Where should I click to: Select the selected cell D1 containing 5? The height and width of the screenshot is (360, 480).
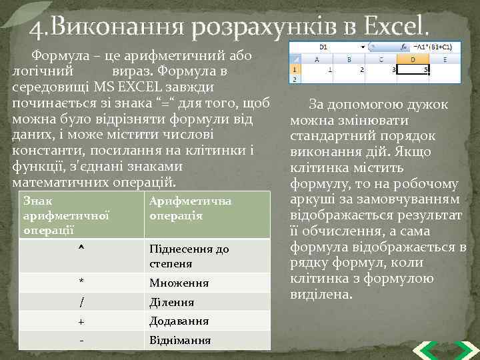point(416,69)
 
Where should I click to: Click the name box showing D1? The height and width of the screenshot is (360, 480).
point(324,47)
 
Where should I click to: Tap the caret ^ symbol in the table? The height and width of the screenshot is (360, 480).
point(81,249)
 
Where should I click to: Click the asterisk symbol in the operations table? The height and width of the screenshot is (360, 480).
point(81,283)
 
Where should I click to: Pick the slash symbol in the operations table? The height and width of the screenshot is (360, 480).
point(81,302)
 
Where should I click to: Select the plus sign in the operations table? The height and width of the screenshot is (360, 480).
point(81,321)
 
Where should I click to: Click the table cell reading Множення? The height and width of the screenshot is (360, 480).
point(179,283)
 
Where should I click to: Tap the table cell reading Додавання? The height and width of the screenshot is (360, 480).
point(179,321)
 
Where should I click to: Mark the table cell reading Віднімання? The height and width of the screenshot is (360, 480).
point(180,340)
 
